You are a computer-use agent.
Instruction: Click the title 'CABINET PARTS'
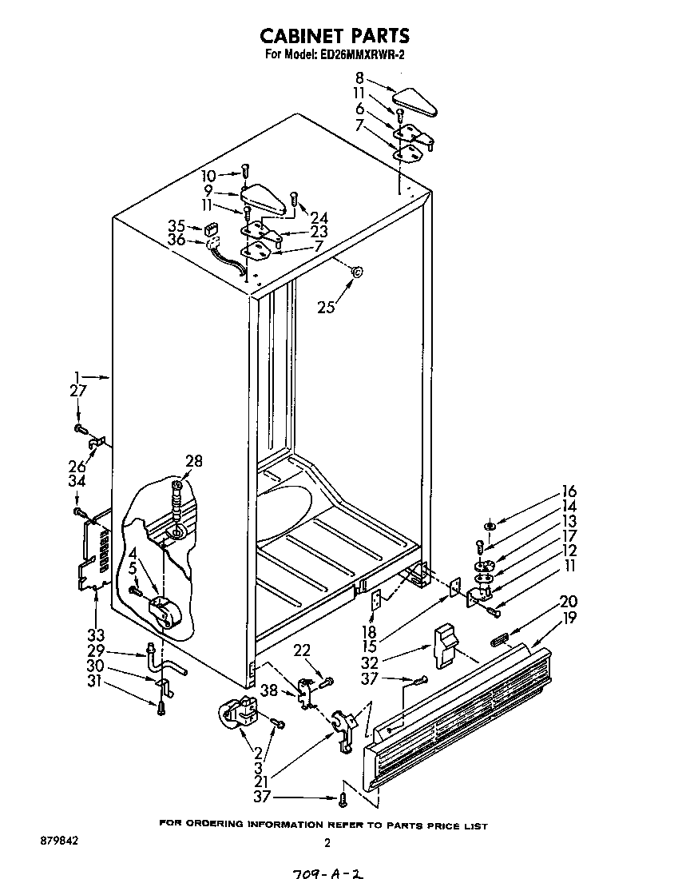[335, 35]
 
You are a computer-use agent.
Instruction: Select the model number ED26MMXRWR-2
[363, 55]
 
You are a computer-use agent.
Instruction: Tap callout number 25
[326, 307]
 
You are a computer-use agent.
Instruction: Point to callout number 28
[193, 461]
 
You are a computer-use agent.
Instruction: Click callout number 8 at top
[360, 78]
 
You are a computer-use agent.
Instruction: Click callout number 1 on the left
[77, 376]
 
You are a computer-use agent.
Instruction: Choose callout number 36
[176, 240]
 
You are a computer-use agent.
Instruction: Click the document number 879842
[57, 841]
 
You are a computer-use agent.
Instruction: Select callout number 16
[569, 491]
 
